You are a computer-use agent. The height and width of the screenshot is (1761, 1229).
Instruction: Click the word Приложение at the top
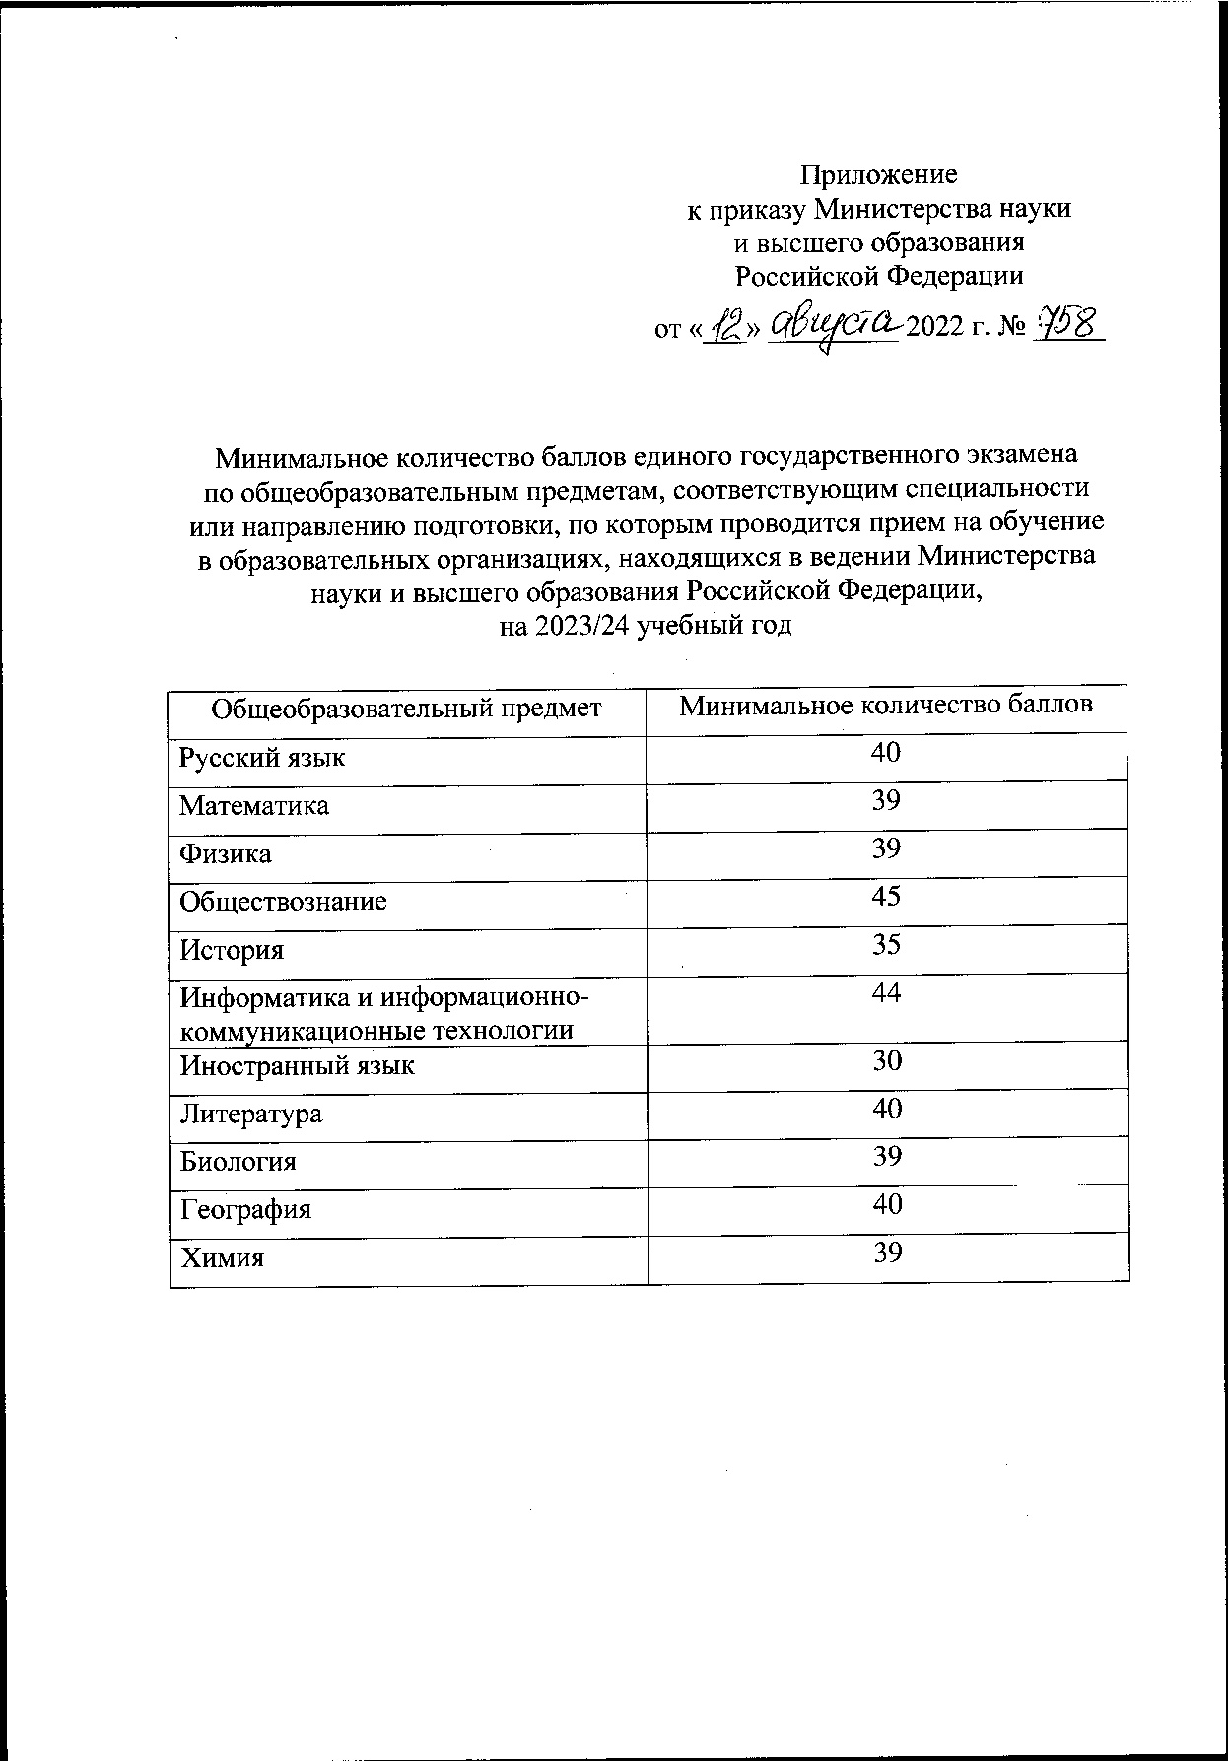click(x=877, y=175)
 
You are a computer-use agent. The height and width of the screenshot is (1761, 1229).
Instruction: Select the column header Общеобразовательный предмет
click(x=406, y=709)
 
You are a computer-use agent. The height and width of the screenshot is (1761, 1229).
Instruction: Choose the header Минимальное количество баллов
click(x=886, y=707)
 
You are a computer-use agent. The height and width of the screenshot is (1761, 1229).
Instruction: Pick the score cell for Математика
click(x=886, y=801)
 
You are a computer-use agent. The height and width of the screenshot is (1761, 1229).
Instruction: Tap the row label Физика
click(x=226, y=853)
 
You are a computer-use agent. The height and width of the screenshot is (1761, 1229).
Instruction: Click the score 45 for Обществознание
click(x=886, y=897)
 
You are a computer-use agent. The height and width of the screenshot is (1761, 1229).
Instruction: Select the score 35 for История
click(x=886, y=945)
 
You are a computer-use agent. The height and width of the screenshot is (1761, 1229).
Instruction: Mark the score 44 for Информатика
click(x=886, y=993)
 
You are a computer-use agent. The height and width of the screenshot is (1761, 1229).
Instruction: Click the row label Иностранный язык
click(x=297, y=1066)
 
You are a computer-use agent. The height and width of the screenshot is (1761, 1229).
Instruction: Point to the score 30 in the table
click(x=886, y=1061)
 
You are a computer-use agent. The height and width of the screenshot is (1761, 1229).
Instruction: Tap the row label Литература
click(x=250, y=1115)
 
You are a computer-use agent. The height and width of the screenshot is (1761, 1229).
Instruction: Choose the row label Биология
click(x=238, y=1162)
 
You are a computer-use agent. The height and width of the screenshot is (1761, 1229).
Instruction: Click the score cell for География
click(x=886, y=1204)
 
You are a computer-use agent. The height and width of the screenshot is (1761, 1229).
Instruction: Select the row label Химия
click(x=222, y=1258)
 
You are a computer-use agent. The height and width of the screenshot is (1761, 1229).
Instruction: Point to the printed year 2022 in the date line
click(x=936, y=328)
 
